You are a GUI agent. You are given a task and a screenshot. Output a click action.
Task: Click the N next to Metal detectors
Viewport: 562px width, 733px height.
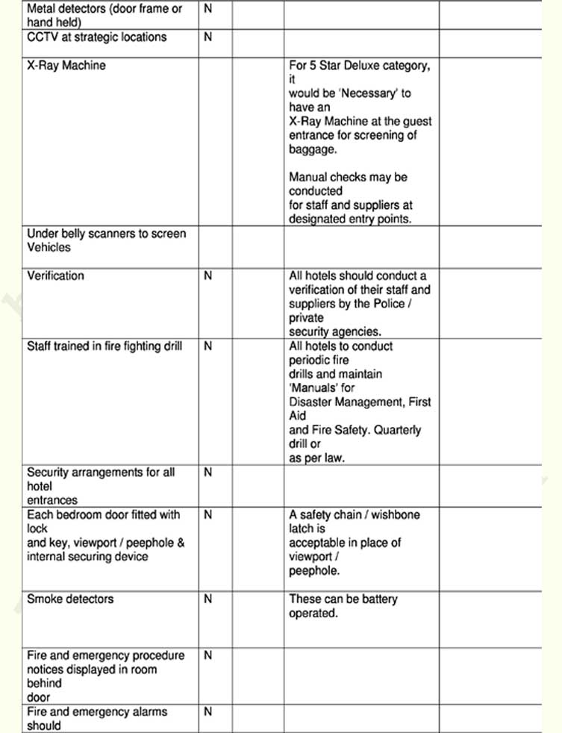tap(207, 9)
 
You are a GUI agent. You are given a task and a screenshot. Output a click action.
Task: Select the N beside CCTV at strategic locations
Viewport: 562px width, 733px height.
tap(207, 37)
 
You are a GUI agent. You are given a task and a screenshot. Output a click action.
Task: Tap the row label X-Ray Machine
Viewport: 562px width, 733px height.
tap(66, 65)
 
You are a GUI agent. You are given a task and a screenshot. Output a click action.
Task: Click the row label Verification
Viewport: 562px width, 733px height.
tap(56, 275)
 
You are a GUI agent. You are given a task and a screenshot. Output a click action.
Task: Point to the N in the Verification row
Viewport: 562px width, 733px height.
tap(207, 275)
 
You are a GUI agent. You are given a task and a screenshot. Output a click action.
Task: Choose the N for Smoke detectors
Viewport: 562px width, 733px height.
tap(207, 599)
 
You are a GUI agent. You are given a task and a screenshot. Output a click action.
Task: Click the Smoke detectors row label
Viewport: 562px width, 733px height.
tap(70, 599)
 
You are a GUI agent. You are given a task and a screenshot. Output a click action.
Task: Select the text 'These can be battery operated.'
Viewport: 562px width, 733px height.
tap(343, 605)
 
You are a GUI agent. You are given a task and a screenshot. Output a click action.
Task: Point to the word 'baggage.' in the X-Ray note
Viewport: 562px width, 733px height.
tap(313, 149)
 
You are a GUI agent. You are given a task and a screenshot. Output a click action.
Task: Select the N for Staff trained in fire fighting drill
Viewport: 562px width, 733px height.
tap(207, 346)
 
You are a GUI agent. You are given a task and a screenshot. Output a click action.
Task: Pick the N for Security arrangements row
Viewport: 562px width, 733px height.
tap(207, 472)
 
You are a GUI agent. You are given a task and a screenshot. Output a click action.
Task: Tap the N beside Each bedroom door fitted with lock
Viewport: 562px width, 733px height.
tap(207, 514)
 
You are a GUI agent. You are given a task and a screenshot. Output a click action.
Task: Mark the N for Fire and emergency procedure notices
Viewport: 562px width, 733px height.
tap(207, 655)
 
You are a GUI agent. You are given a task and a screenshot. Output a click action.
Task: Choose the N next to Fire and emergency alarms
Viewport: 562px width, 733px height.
tap(207, 711)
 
